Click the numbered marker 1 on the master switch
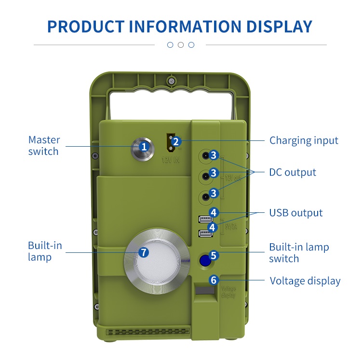point(143,145)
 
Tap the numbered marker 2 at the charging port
point(176,141)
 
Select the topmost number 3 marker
point(215,156)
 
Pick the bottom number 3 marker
point(215,193)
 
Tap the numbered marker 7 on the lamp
point(143,252)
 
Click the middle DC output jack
point(206,176)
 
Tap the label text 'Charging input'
point(304,140)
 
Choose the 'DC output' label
point(293,172)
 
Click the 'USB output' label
point(296,213)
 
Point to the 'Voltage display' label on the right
point(305,281)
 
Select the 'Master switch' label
point(44,145)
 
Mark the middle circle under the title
point(181,45)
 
